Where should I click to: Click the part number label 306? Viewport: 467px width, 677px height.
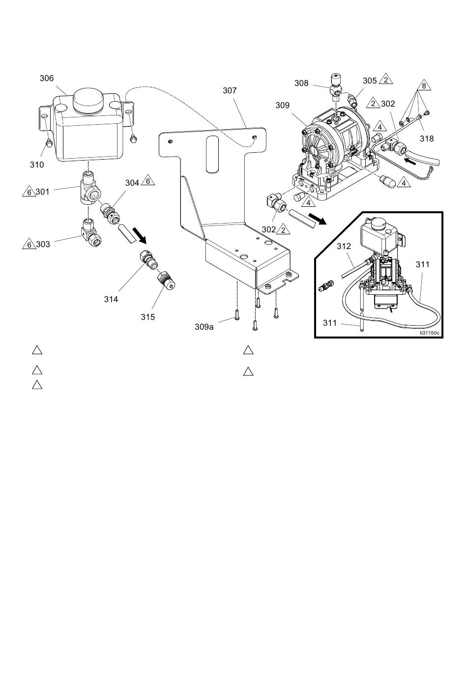(47, 78)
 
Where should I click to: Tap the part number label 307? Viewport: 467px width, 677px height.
(230, 90)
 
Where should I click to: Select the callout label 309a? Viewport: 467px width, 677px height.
(204, 327)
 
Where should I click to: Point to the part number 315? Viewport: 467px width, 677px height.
(147, 317)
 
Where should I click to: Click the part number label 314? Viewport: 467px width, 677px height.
(111, 299)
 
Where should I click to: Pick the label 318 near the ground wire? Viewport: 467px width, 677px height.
(427, 139)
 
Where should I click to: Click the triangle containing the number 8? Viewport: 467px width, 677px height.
(424, 86)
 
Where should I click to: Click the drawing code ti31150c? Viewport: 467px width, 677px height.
(429, 333)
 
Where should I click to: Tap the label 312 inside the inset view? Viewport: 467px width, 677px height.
(344, 246)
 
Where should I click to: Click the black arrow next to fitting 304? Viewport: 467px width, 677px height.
(139, 235)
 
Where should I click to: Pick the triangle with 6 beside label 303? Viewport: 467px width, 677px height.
(29, 244)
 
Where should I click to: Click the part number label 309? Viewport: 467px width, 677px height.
(283, 105)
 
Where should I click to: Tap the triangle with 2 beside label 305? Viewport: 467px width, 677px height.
(385, 79)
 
